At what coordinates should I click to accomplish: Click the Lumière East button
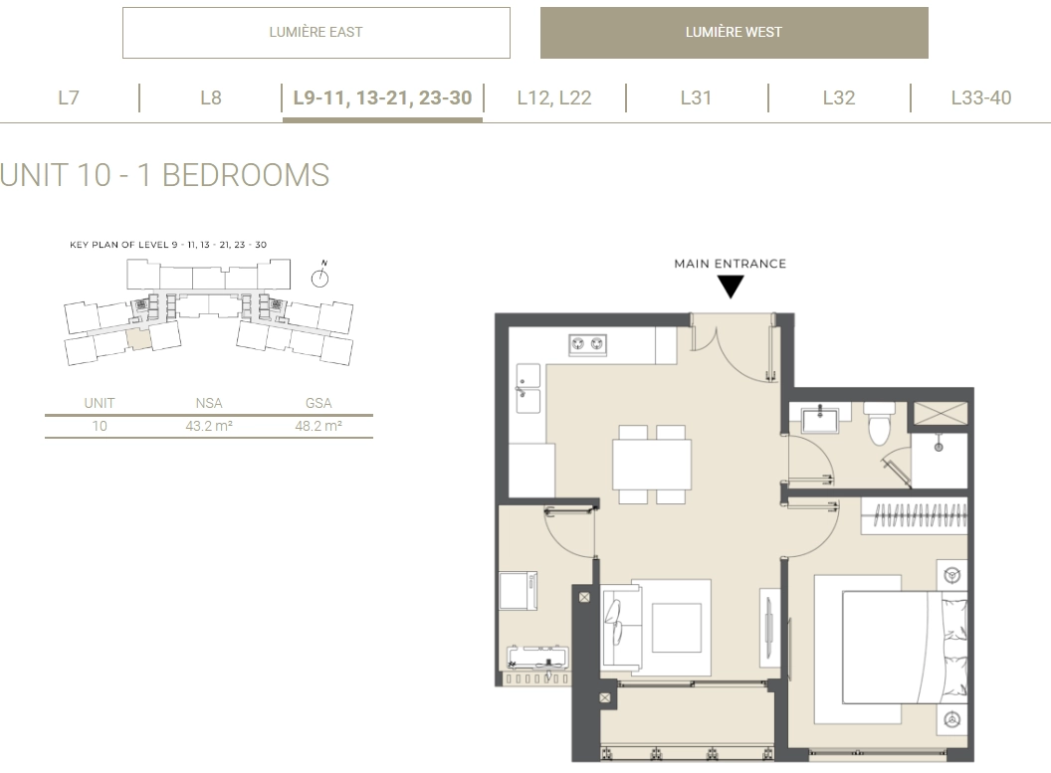pyautogui.click(x=315, y=33)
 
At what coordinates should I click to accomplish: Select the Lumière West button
pyautogui.click(x=734, y=33)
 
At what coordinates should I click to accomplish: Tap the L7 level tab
pyautogui.click(x=69, y=97)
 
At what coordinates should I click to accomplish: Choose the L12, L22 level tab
pyautogui.click(x=554, y=97)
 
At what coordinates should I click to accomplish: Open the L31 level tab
pyautogui.click(x=696, y=97)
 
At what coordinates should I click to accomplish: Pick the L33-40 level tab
pyautogui.click(x=980, y=97)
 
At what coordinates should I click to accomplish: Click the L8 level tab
pyautogui.click(x=210, y=97)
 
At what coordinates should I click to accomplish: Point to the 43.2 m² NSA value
pyautogui.click(x=209, y=426)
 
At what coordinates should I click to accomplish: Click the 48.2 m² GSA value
pyautogui.click(x=318, y=426)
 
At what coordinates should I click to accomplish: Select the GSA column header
pyautogui.click(x=318, y=403)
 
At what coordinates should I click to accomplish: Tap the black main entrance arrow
pyautogui.click(x=731, y=288)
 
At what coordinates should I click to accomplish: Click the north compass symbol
pyautogui.click(x=320, y=276)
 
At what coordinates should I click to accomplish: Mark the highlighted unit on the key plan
pyautogui.click(x=138, y=339)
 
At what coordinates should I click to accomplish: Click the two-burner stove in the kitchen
pyautogui.click(x=587, y=344)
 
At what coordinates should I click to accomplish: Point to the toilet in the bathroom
pyautogui.click(x=879, y=424)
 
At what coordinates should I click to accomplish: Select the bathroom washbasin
pyautogui.click(x=820, y=419)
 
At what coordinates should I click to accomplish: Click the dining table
pyautogui.click(x=652, y=465)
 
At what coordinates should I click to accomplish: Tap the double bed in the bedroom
pyautogui.click(x=905, y=647)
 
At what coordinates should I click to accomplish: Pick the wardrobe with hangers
pyautogui.click(x=915, y=515)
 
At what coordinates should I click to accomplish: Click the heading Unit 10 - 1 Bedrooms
pyautogui.click(x=165, y=175)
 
